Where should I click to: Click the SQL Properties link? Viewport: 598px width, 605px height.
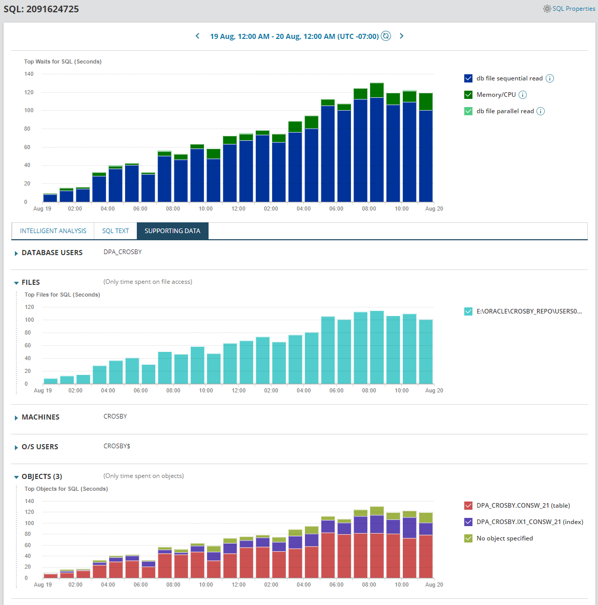tap(573, 9)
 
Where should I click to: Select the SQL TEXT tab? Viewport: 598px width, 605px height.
tap(115, 231)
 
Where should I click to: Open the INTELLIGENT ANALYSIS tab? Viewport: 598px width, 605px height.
tap(53, 231)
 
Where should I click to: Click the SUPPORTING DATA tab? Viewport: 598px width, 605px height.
tap(172, 231)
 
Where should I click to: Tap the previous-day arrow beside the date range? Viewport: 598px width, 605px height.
tap(198, 36)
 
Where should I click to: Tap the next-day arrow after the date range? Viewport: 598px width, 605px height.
tap(402, 36)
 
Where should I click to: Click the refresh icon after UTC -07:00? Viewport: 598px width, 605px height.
tap(386, 36)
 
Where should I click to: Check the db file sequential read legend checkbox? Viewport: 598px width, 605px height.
tap(468, 78)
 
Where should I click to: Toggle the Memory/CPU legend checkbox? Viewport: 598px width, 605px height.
tap(468, 95)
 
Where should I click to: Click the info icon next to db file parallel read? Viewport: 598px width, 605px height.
tap(541, 111)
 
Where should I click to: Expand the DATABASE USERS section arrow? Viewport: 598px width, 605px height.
tap(16, 253)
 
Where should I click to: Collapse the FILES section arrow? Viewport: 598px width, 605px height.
tap(16, 283)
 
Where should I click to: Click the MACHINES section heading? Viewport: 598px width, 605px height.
tap(40, 417)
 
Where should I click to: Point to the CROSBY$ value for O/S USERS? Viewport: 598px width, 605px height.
tap(117, 446)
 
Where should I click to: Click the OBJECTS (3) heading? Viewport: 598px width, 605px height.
tap(42, 476)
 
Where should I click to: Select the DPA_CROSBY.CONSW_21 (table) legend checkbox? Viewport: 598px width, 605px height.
tap(468, 506)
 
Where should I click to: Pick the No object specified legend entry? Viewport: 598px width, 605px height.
tap(504, 538)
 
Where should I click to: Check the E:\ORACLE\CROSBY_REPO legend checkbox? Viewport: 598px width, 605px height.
tap(468, 311)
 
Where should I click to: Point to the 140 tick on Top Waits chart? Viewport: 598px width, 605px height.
tap(29, 74)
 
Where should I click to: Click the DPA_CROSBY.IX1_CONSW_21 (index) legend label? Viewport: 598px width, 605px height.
tap(529, 522)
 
